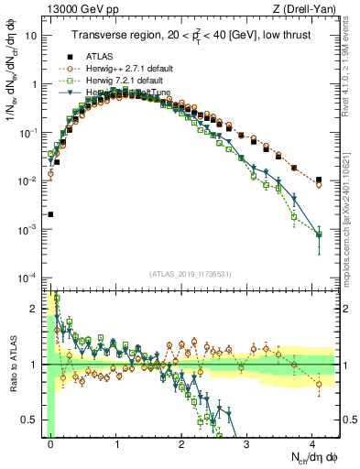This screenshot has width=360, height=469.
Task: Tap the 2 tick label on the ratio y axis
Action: pos(38,309)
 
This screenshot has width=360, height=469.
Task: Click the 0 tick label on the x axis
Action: pos(51,443)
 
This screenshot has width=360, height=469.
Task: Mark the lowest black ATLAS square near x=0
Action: pos(50,214)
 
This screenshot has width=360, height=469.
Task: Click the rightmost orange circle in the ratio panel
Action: pos(318,383)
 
